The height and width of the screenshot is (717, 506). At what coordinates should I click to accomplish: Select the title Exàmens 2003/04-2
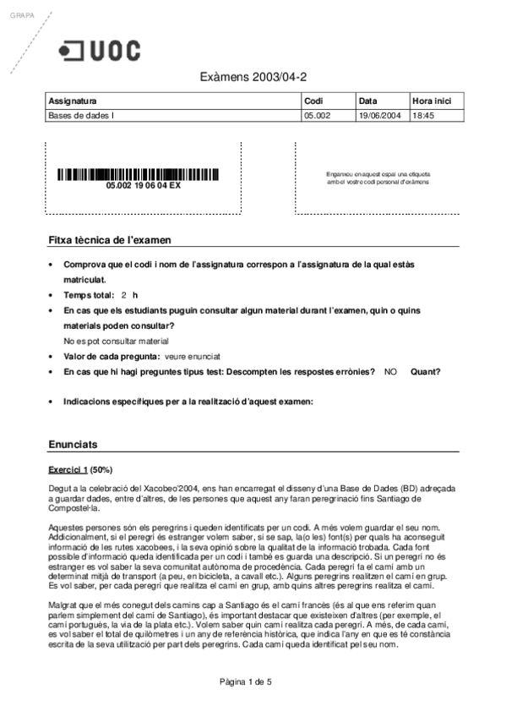coord(253,77)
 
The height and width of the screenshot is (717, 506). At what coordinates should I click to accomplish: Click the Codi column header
coord(313,101)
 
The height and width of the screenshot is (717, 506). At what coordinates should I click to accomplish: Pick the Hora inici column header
coord(431,101)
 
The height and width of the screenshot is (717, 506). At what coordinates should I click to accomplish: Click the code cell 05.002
coord(316,116)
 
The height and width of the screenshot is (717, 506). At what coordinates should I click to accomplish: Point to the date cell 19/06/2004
coord(378,116)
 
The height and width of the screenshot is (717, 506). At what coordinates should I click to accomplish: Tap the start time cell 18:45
coord(422,116)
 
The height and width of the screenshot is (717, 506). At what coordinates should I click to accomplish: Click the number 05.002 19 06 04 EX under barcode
coord(143,185)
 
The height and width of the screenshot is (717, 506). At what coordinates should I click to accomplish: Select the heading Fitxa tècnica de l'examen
coord(109,240)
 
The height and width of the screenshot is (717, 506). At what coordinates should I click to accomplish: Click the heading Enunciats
coord(73,444)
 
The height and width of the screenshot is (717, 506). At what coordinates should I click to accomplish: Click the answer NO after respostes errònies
coord(390,371)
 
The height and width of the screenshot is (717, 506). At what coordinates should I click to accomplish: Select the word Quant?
coord(426,371)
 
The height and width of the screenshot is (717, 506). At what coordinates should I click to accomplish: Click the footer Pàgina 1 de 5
coord(246,681)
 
